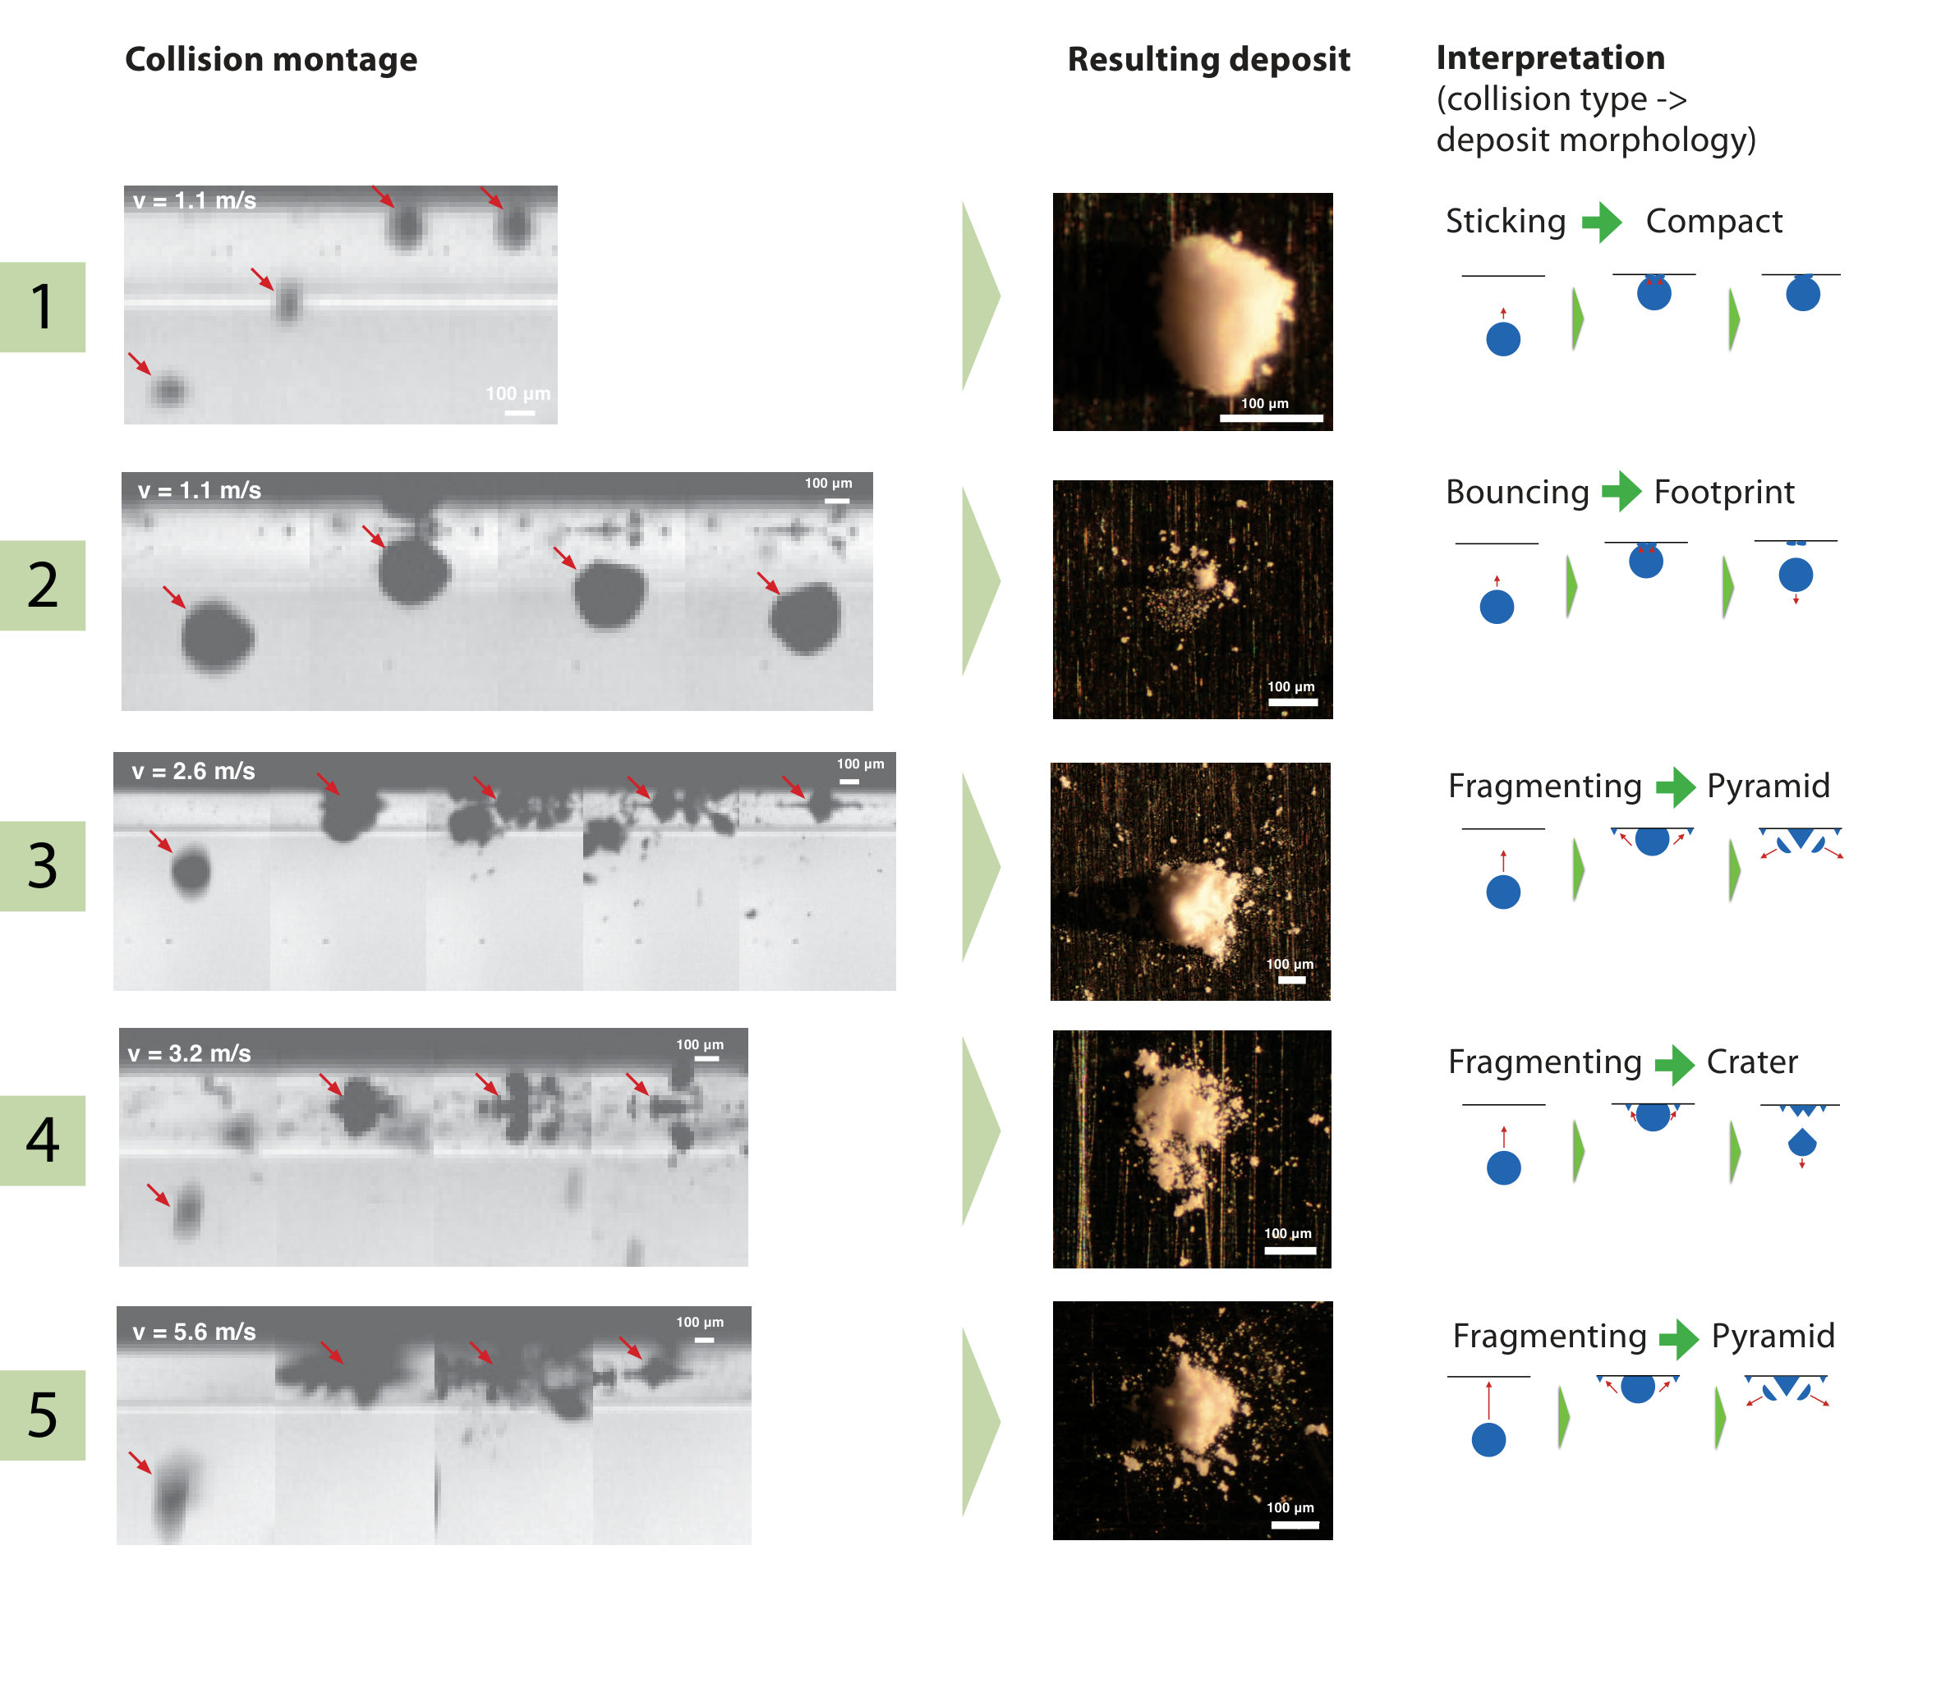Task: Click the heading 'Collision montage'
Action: click(271, 60)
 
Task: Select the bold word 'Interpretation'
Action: click(1550, 57)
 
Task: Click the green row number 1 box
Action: click(43, 307)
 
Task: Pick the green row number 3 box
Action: click(43, 865)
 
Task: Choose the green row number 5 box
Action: click(43, 1415)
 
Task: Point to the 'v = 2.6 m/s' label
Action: click(193, 771)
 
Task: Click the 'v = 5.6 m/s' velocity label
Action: click(194, 1332)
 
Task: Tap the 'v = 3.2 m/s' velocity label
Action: click(190, 1053)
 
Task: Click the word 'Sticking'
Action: click(1506, 222)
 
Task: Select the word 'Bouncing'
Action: click(1516, 493)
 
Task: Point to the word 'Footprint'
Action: click(1724, 493)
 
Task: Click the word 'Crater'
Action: click(1751, 1062)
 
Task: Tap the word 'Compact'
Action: click(1713, 222)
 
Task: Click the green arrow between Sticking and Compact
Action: click(1603, 222)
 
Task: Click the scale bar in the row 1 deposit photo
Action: click(1271, 418)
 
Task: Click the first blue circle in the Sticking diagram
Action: click(1503, 339)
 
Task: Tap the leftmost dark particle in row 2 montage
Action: click(217, 636)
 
